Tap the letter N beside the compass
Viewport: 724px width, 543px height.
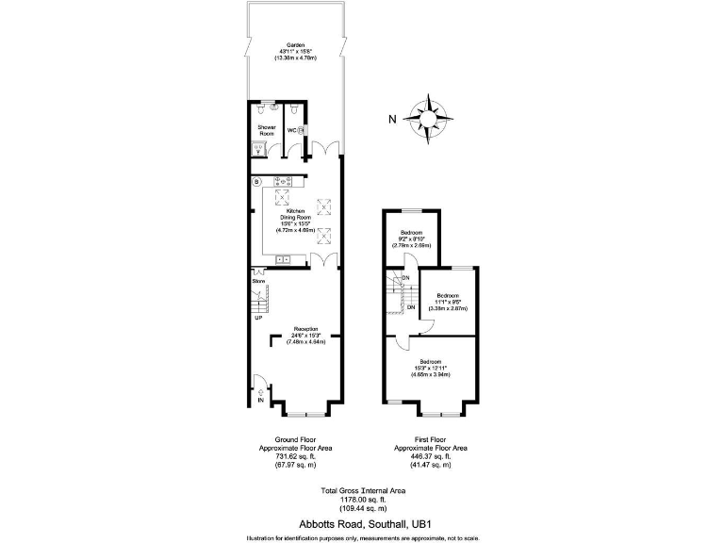pos(393,119)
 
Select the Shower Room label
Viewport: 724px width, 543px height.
pos(267,130)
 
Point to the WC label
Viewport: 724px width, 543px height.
pos(290,130)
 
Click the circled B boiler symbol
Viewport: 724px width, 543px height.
pos(256,182)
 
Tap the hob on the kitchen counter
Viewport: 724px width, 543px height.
pos(282,182)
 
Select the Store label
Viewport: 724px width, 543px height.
pos(258,281)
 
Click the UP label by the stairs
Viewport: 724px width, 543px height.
pos(257,318)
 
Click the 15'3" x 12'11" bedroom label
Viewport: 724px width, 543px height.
pos(430,363)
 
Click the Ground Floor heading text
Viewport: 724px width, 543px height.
pos(295,439)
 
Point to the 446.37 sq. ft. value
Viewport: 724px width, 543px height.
pos(430,456)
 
